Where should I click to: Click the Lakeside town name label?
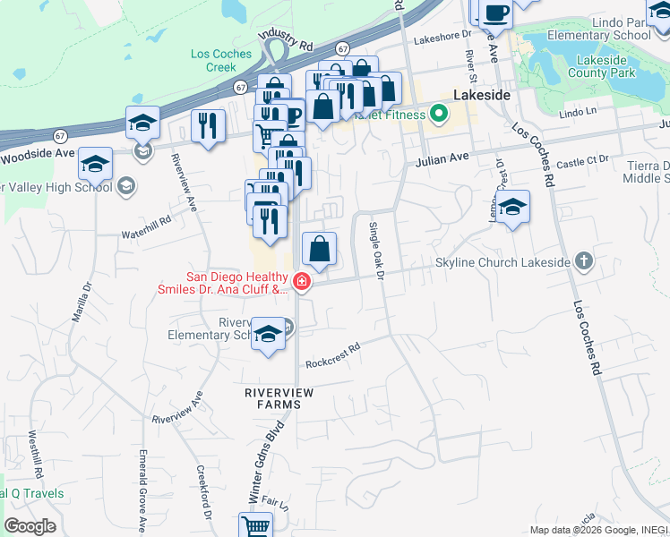click(x=482, y=94)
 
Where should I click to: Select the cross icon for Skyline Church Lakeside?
click(x=583, y=261)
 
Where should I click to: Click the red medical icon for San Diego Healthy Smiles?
click(x=302, y=284)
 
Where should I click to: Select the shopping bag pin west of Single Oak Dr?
click(x=320, y=250)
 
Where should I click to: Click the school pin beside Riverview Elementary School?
click(x=268, y=335)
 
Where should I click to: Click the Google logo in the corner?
click(x=30, y=526)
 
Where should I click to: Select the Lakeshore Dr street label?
click(x=442, y=36)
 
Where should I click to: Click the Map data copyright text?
click(x=598, y=530)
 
